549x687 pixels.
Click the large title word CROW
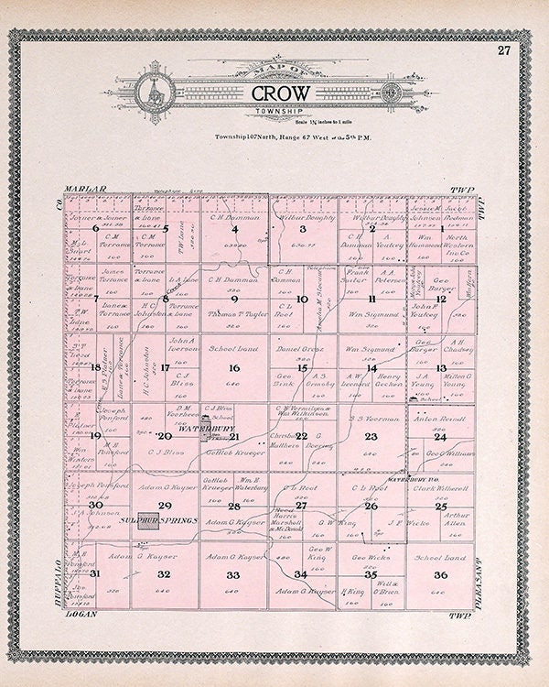[x=280, y=93]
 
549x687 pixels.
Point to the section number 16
[x=234, y=368]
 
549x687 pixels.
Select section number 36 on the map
[x=441, y=574]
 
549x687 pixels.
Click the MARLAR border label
[x=85, y=190]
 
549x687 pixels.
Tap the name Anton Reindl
[x=440, y=418]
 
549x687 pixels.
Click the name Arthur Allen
[x=455, y=518]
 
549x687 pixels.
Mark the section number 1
[x=441, y=229]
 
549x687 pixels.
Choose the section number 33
[x=233, y=574]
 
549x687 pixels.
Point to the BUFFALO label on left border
[x=56, y=568]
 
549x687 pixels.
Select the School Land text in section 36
[x=440, y=557]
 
